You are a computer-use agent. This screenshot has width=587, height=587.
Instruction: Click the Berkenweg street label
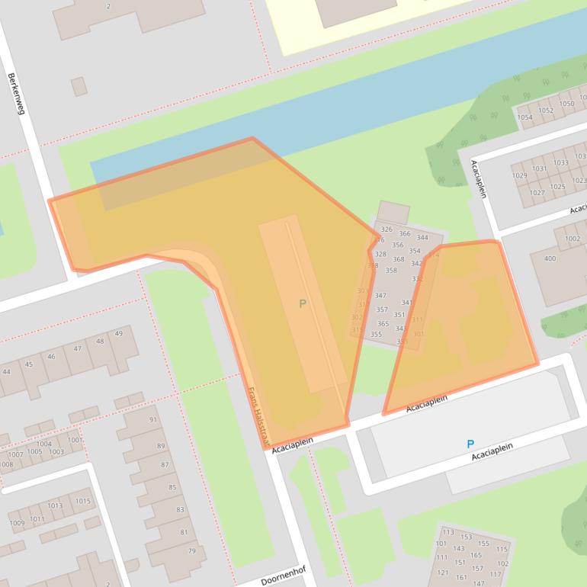pos(16,94)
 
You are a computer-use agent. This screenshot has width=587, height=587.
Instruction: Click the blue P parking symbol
pos(470,444)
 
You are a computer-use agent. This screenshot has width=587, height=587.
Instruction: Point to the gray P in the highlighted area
pos(303,304)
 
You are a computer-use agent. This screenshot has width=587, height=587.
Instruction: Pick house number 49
pos(118,333)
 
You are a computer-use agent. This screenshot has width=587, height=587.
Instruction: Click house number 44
pos(7,371)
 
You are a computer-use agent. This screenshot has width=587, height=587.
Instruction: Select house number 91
pos(152,419)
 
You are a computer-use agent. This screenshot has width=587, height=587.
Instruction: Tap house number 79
pos(192,551)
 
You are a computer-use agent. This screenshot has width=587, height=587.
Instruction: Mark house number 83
pos(181,509)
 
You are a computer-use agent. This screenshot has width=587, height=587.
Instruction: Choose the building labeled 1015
pos(82,501)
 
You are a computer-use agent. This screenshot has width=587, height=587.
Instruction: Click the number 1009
pos(17,522)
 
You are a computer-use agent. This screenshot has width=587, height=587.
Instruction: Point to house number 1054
pos(524,117)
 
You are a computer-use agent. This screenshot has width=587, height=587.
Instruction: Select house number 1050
pos(566,104)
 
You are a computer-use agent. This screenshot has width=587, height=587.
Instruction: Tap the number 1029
pos(519,175)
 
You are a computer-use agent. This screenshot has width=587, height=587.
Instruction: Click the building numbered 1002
pos(572,239)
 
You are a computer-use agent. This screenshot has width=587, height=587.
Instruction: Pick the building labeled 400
pos(550,258)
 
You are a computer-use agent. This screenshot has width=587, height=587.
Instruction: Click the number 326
pos(387,229)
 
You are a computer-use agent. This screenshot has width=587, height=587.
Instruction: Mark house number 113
pos(448,532)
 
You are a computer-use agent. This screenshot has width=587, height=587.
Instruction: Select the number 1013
pos(55,505)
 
